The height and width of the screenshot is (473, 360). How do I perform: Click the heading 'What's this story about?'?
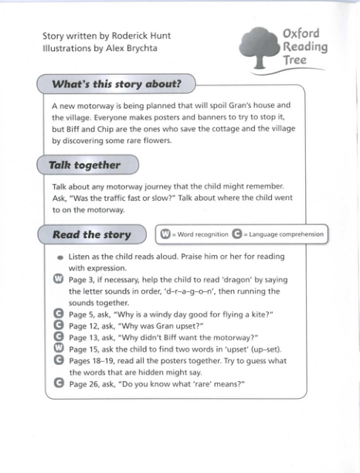(116, 83)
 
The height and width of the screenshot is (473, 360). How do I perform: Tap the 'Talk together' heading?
(84, 165)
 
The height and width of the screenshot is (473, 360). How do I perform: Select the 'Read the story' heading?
(91, 234)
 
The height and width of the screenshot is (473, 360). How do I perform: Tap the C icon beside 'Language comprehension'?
(237, 234)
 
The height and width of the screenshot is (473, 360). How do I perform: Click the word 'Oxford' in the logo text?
(301, 34)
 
